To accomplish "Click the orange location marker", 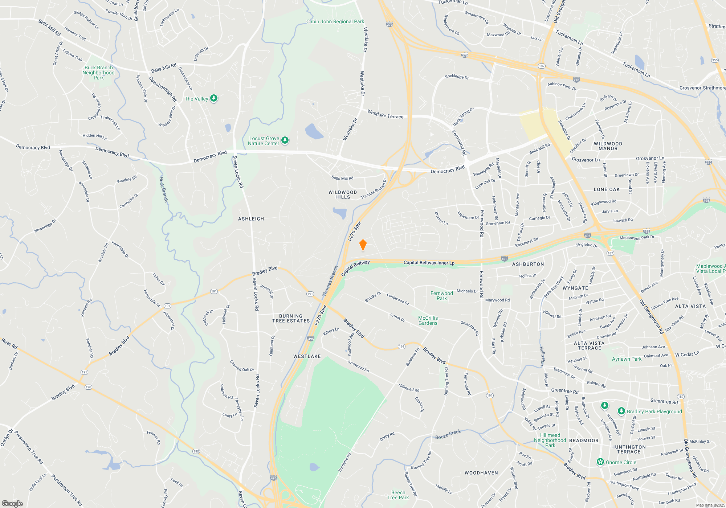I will tap(363, 245).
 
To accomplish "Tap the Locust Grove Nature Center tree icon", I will tap(285, 140).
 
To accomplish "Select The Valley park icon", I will tap(214, 98).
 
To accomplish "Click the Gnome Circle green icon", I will tap(600, 462).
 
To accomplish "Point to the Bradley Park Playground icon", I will tap(621, 411).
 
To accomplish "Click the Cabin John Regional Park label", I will tap(335, 21).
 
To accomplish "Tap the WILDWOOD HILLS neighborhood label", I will tap(343, 195).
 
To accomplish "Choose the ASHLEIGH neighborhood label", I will tap(251, 219).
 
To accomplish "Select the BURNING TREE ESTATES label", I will tap(291, 319).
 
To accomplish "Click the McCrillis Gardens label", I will tap(428, 320).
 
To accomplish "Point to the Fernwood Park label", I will tap(441, 296).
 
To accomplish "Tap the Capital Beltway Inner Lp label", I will tap(429, 263).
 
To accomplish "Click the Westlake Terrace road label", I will tap(385, 115).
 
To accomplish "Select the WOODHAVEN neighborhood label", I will tap(481, 473).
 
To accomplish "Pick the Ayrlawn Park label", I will tap(627, 359).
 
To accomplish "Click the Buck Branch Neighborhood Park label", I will tap(98, 73).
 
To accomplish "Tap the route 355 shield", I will tap(715, 60).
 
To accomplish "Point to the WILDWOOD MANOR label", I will tap(608, 146).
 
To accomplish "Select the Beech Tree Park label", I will tap(398, 495).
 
